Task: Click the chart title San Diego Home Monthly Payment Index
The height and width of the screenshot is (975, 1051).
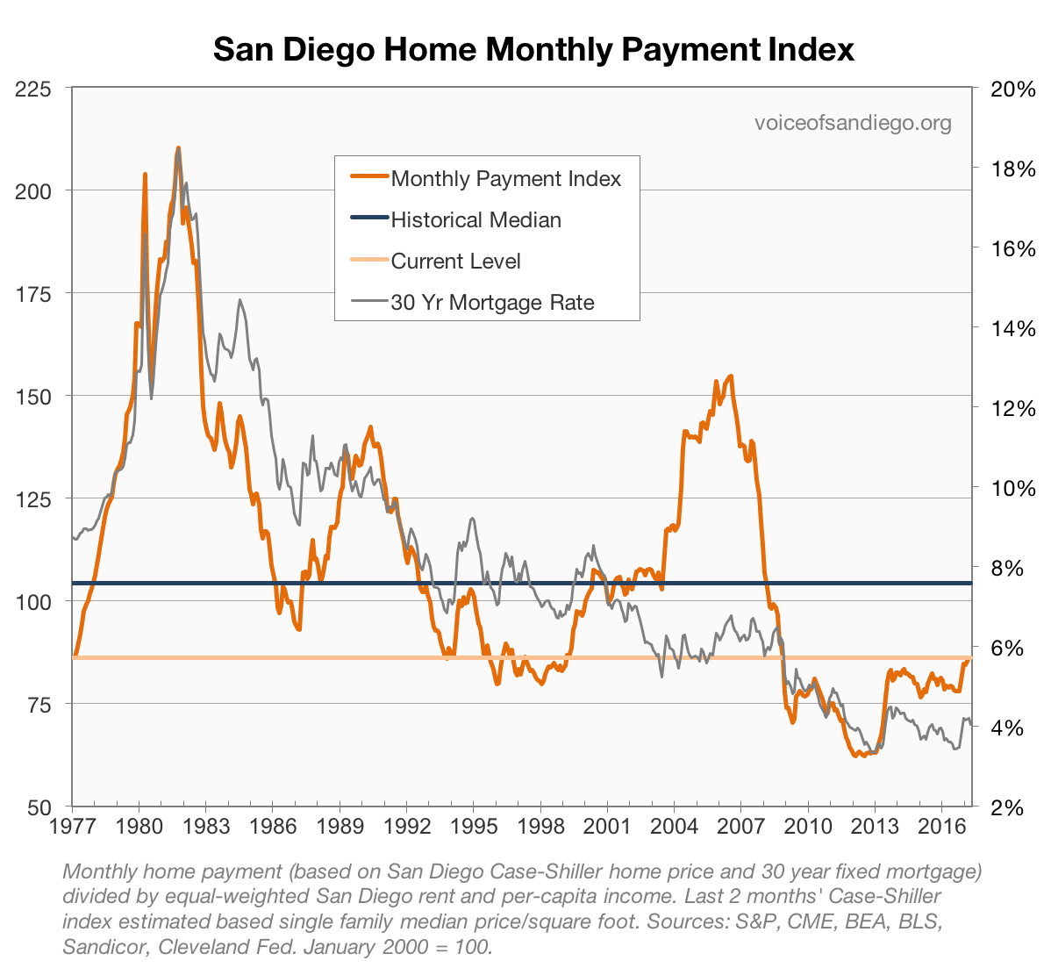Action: point(533,49)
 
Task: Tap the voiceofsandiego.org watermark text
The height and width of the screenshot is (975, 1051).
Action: point(853,123)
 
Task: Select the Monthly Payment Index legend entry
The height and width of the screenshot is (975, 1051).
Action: point(505,179)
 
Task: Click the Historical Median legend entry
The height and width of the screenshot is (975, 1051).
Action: point(475,220)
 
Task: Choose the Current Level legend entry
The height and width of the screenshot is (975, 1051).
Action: point(455,262)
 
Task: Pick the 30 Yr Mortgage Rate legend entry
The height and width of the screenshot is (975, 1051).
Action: point(492,303)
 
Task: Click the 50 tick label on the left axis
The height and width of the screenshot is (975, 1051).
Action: point(38,807)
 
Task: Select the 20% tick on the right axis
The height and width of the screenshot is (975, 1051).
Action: point(1013,89)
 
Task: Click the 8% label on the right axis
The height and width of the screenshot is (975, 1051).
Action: point(1008,568)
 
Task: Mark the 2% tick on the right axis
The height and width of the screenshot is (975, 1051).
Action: point(1008,807)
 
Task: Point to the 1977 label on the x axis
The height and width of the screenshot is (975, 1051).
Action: point(72,828)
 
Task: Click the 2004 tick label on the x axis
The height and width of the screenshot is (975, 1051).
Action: point(674,828)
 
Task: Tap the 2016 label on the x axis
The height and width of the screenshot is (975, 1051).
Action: point(941,828)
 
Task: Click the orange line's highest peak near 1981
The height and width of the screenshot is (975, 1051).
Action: point(178,148)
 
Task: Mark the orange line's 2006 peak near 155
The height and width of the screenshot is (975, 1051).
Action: point(731,376)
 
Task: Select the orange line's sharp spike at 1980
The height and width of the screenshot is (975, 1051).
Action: point(145,175)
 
